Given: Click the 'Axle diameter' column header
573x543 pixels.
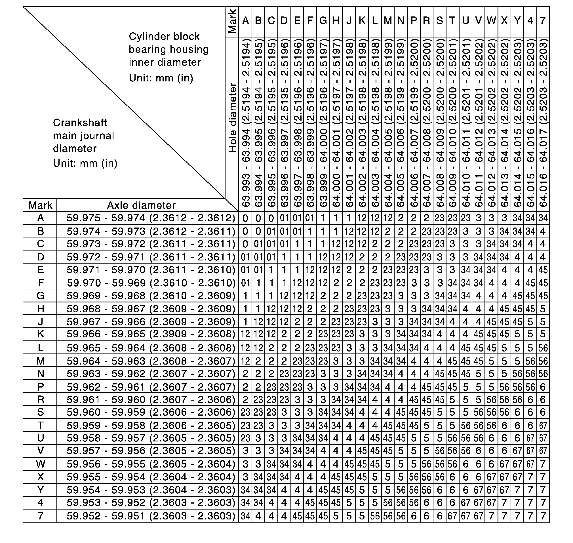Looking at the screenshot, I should click(141, 205).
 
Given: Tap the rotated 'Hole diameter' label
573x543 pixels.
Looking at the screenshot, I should click(232, 117).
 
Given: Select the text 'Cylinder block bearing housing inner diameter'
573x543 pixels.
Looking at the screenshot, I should click(168, 49).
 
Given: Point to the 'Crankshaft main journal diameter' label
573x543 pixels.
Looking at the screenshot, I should click(83, 135).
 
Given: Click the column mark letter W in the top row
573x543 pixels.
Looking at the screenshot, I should click(491, 20).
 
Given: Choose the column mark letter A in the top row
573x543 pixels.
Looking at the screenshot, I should click(245, 20).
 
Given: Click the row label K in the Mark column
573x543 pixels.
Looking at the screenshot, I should click(40, 334).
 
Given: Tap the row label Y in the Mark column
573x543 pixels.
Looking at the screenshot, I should click(40, 490).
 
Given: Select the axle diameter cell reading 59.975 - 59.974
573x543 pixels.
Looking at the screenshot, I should click(151, 218).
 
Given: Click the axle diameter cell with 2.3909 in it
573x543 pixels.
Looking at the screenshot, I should click(151, 334).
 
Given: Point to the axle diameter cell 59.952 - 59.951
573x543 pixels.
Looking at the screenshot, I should click(151, 516).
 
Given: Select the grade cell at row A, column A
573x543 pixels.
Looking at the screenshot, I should click(245, 218).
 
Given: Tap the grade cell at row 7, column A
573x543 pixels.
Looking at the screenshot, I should click(245, 516).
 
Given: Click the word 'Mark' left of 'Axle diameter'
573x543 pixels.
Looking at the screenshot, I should click(40, 205).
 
